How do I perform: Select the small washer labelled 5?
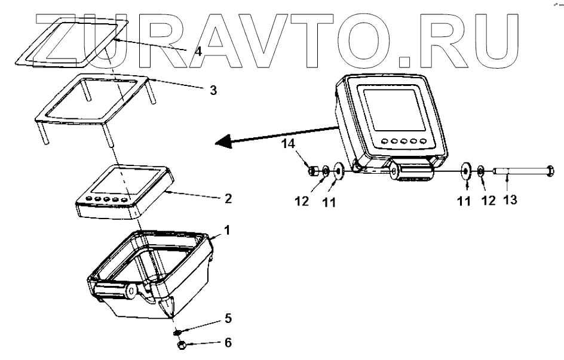pyautogui.click(x=177, y=332)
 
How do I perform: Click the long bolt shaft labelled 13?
pyautogui.click(x=520, y=171)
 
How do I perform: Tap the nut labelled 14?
pyautogui.click(x=311, y=171)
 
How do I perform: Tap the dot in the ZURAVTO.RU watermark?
pyautogui.click(x=404, y=59)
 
